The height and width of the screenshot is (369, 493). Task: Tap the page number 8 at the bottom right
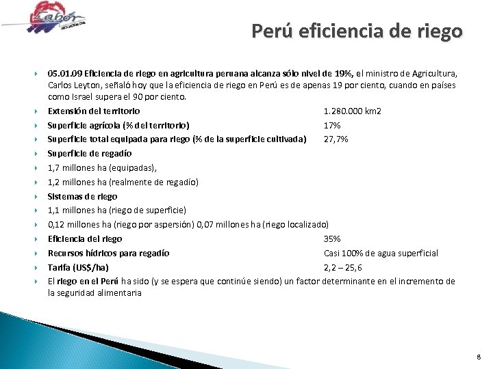tap(479, 356)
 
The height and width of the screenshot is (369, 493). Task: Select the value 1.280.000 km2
tap(353, 111)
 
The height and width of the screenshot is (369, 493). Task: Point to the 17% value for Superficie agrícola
tap(332, 125)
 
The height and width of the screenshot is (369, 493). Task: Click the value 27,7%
tap(336, 139)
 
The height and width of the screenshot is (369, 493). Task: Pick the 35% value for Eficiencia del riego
tap(332, 238)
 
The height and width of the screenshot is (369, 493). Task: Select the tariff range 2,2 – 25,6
tap(344, 267)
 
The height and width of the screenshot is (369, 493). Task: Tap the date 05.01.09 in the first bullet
tap(64, 72)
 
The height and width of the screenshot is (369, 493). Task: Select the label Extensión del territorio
tap(94, 111)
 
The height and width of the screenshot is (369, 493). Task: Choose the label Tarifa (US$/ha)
tap(77, 267)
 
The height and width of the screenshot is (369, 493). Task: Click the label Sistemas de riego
tap(82, 196)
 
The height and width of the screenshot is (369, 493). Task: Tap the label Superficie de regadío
tap(89, 153)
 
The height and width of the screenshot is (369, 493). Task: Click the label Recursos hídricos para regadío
tap(109, 253)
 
